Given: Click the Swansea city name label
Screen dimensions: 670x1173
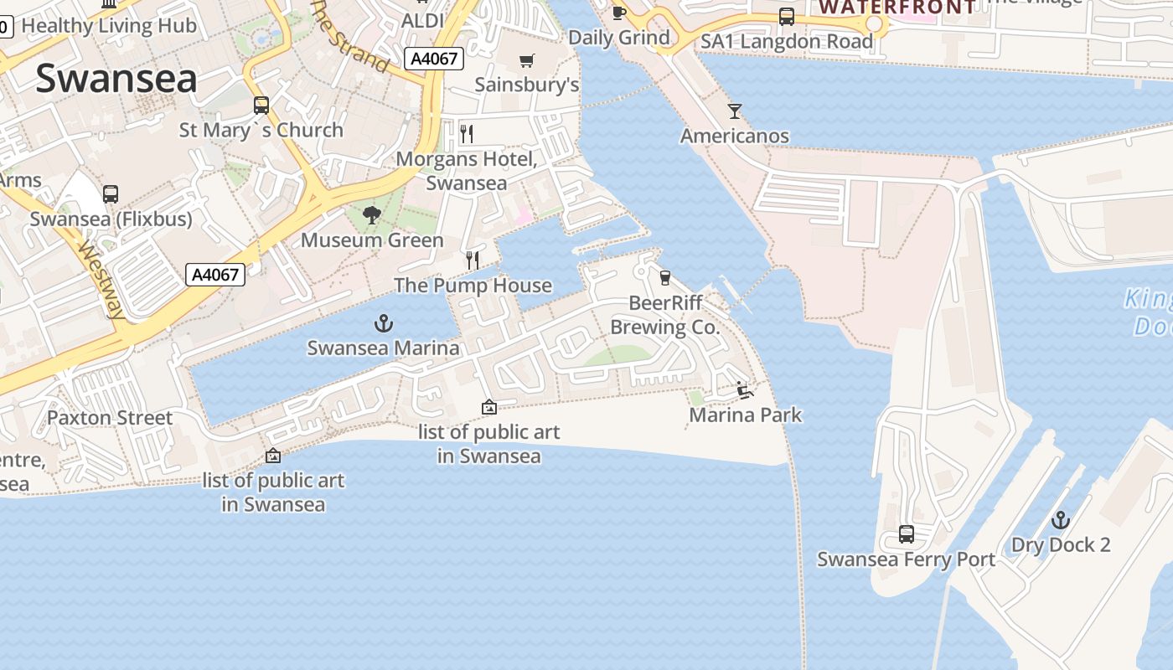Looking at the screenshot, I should [116, 79].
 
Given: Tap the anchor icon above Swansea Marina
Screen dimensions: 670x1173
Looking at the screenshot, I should [383, 323].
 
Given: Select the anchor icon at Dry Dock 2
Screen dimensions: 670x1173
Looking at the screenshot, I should [1061, 520].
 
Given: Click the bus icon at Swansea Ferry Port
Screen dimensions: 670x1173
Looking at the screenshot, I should [906, 533].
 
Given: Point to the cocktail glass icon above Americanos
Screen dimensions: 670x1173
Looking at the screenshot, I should [735, 111].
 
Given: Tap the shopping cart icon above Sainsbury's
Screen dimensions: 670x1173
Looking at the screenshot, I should [526, 60].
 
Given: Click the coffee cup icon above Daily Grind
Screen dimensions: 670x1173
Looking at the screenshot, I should [618, 13].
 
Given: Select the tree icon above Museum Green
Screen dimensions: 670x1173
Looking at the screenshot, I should [372, 216].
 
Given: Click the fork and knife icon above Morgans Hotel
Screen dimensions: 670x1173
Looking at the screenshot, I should [467, 133].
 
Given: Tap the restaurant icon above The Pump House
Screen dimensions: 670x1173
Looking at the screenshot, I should [473, 260].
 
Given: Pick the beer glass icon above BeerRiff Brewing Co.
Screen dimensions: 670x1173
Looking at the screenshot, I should [665, 277].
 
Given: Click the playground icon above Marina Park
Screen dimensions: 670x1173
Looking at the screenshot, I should [745, 389].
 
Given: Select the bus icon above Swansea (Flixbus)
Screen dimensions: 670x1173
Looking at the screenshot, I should [111, 194].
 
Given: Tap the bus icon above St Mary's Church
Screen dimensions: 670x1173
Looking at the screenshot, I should [261, 106].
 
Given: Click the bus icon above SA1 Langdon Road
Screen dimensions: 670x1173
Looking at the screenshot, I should [786, 17].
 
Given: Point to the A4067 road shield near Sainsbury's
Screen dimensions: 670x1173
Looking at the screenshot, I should [433, 59].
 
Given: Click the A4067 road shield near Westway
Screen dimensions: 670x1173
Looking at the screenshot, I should [215, 274].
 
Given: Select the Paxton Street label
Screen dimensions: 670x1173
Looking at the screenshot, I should [110, 417].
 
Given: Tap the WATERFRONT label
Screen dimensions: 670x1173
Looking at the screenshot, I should [897, 8].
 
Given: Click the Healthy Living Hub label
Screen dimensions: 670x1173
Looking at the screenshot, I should [109, 25].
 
